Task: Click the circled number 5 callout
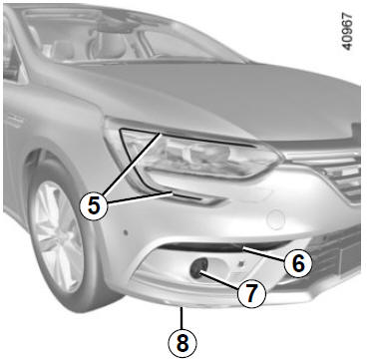(x=94, y=206)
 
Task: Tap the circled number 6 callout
(x=298, y=263)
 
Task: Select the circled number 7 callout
(x=251, y=293)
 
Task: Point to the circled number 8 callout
(x=183, y=343)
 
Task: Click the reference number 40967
(x=347, y=32)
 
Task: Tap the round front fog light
(x=199, y=268)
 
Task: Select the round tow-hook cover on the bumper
(x=276, y=220)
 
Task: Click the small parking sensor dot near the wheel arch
(x=126, y=230)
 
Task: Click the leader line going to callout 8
(x=182, y=318)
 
